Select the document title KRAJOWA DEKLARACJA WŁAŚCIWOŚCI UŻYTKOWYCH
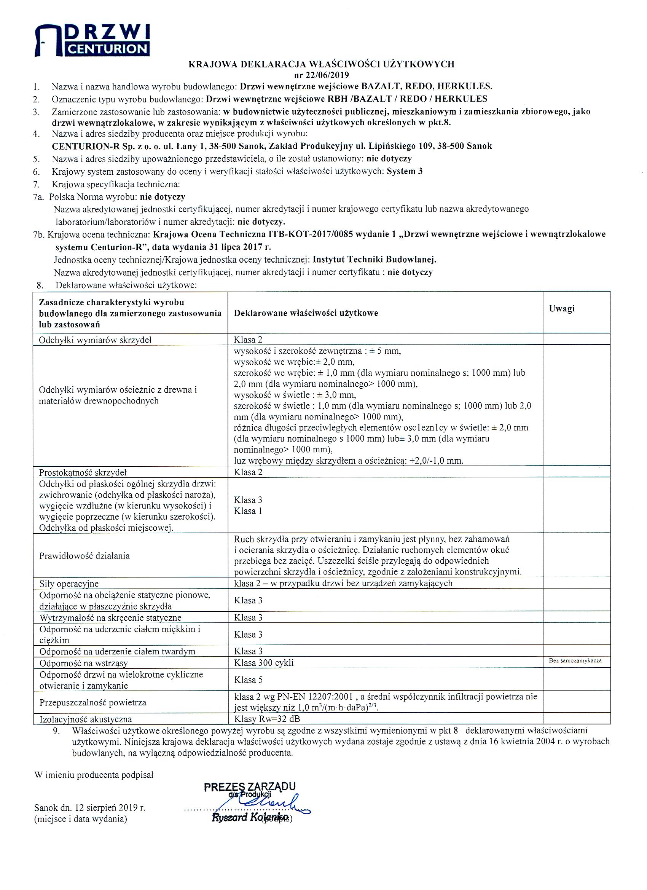pos(321,64)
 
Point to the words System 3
pos(405,171)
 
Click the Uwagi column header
pos(561,308)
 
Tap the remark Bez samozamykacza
pos(575,660)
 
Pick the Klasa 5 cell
pos(249,679)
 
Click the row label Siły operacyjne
pos(69,584)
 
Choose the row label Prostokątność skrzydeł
pos(83,472)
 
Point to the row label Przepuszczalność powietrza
pos(93,702)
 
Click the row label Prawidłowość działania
pos(84,556)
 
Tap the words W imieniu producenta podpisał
pos(94,775)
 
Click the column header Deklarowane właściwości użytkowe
pos(306,313)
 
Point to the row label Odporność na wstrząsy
pos(83,663)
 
